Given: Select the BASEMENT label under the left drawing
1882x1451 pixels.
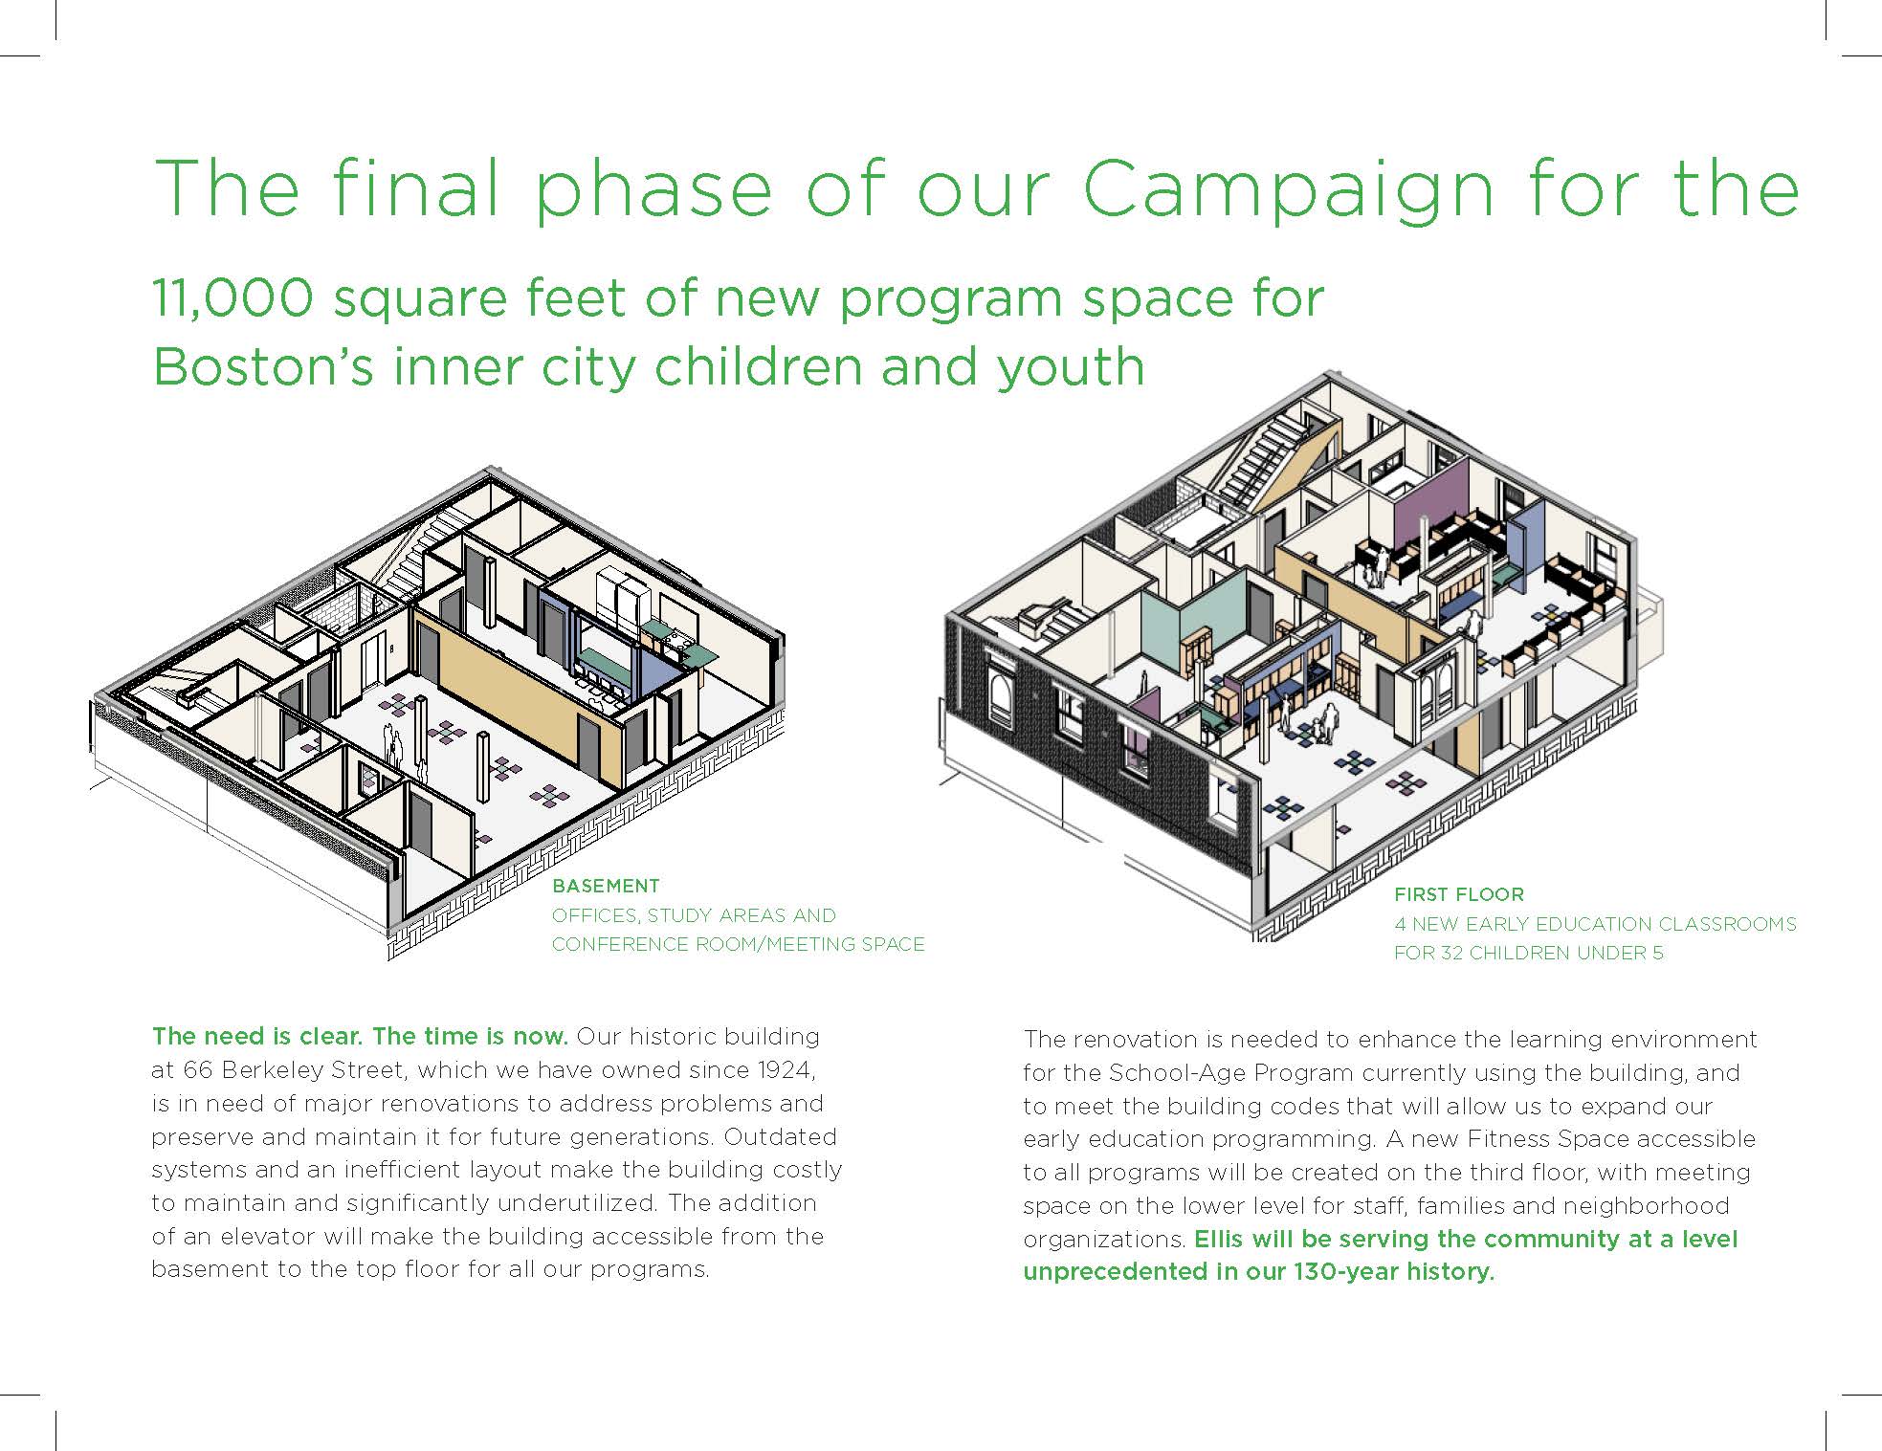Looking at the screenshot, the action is tap(606, 886).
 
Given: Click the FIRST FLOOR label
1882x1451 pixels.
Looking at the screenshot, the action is tap(1458, 894).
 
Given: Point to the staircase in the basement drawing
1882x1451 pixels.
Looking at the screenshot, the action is tap(411, 555).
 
